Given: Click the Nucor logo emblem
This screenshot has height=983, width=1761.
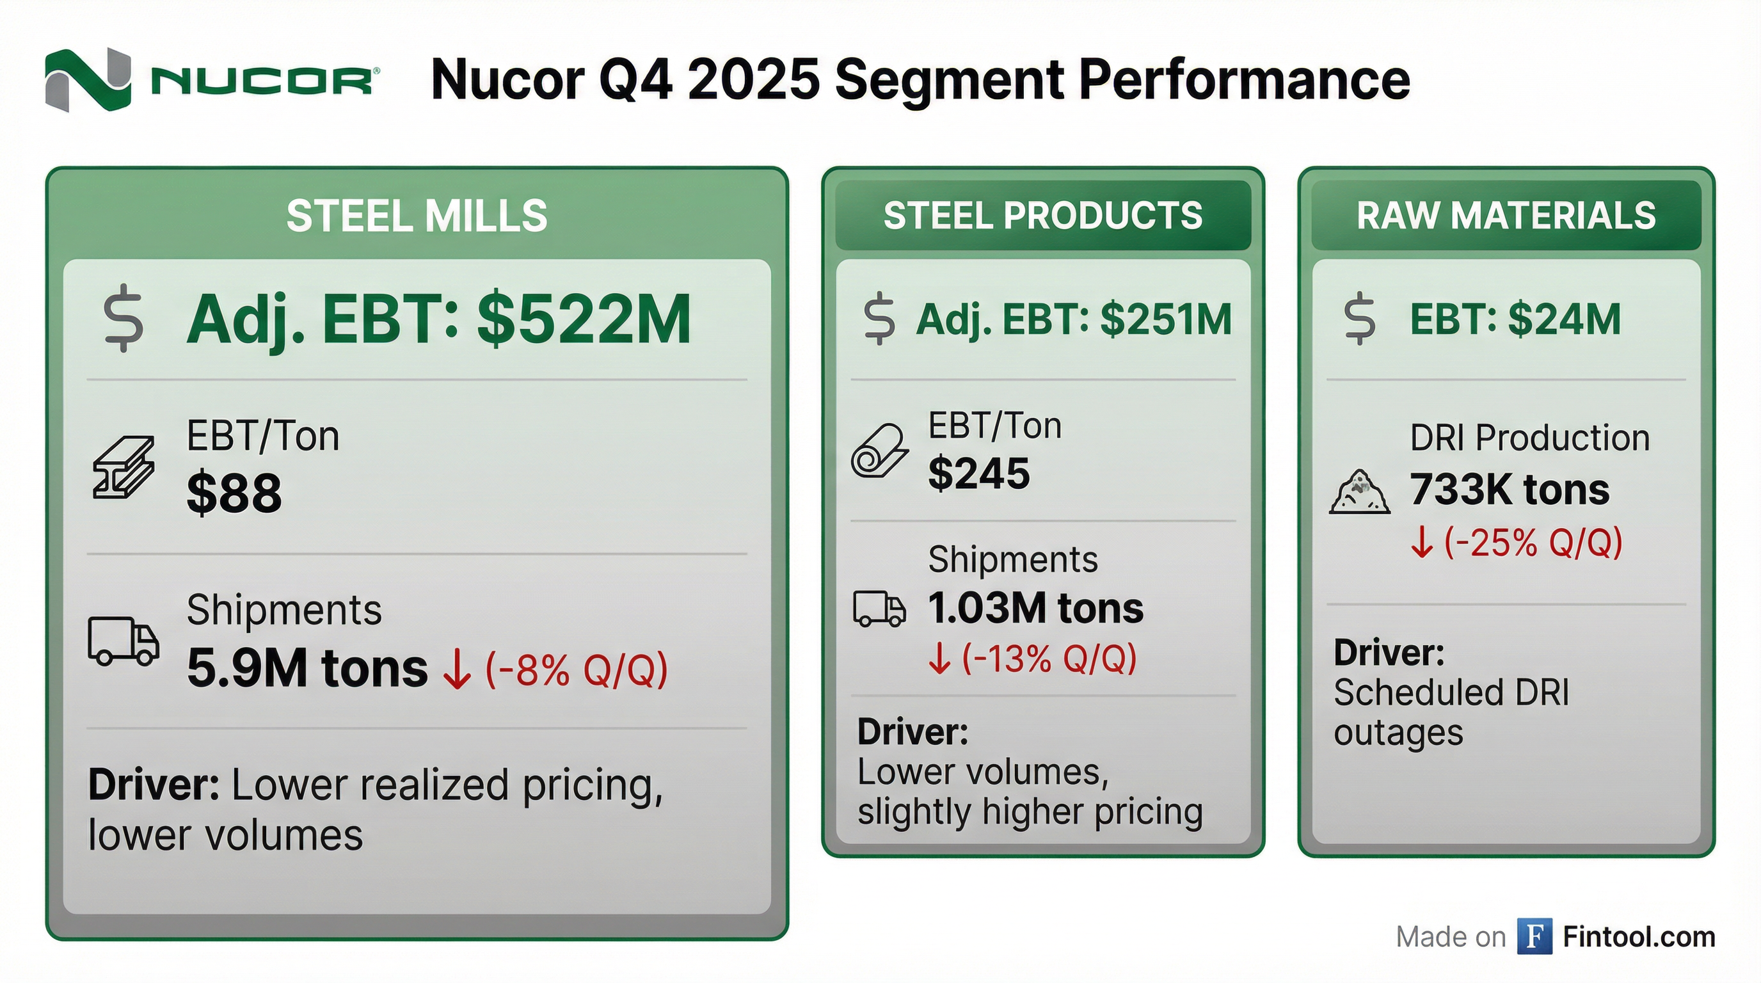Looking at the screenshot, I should click(x=88, y=80).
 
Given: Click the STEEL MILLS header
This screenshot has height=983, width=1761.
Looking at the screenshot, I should click(x=417, y=216).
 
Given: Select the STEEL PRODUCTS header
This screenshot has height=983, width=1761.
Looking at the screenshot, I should click(x=1042, y=216).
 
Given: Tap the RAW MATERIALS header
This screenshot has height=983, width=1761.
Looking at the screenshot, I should click(x=1506, y=216).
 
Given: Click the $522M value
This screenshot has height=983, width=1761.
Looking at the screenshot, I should click(x=584, y=320).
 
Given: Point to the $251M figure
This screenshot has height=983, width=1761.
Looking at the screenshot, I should click(x=1165, y=320).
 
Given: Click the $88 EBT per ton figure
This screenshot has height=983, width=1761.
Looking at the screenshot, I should click(x=234, y=493).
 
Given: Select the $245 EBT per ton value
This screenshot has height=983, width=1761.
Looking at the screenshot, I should click(x=978, y=473).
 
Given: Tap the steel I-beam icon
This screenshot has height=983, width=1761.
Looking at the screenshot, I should click(x=123, y=468).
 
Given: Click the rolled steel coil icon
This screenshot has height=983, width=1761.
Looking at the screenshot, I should click(x=879, y=451).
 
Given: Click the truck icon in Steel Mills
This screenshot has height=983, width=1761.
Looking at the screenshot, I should click(x=123, y=641).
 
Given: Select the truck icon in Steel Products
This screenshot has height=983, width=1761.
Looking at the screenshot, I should click(x=879, y=609).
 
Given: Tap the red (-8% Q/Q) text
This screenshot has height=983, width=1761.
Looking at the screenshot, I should click(x=576, y=670).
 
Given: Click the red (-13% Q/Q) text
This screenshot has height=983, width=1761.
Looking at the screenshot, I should click(x=1049, y=659).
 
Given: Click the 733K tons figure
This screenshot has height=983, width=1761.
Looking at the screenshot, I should click(x=1510, y=490).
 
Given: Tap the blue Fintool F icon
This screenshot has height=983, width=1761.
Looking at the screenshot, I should click(x=1534, y=936).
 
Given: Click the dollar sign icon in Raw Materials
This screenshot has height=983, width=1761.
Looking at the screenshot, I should click(x=1359, y=319).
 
